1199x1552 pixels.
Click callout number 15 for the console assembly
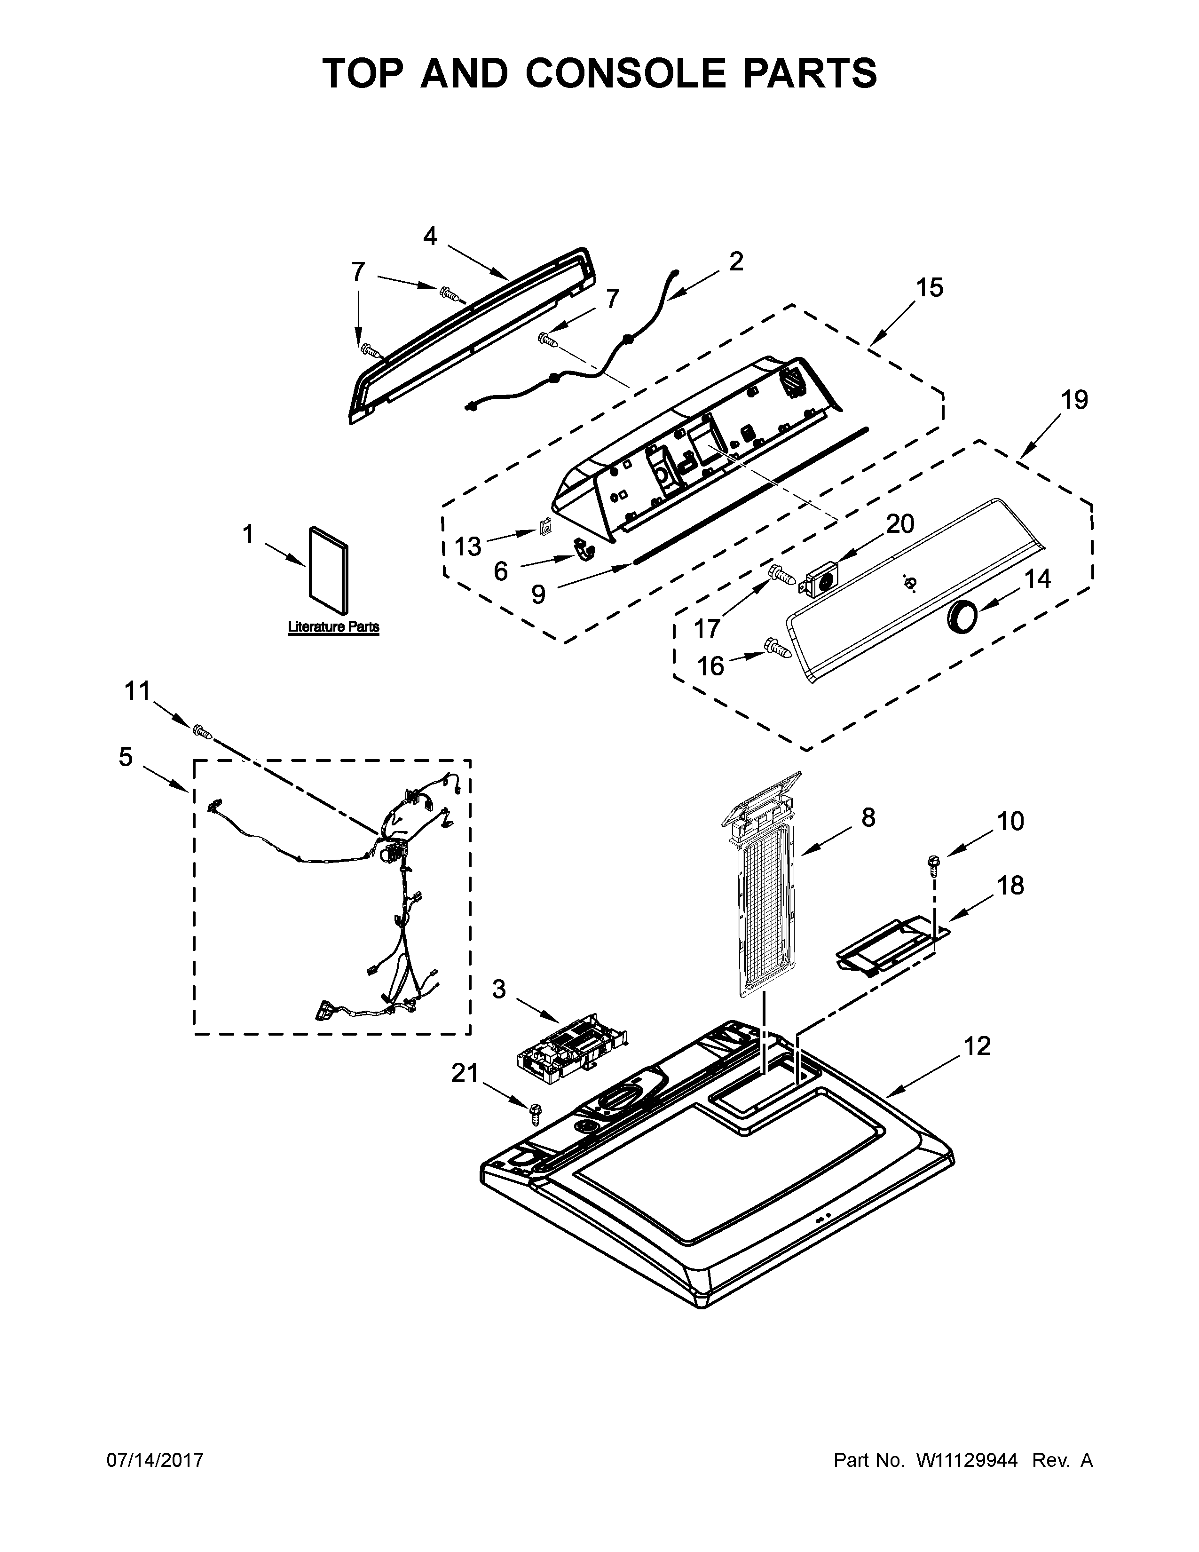coord(929,288)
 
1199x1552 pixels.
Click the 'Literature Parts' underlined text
coord(333,627)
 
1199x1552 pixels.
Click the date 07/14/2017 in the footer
coord(155,1460)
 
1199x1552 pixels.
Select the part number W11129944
coord(967,1460)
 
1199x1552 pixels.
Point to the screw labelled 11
coord(201,730)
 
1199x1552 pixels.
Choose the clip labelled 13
coord(545,528)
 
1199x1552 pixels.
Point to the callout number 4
coord(430,237)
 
